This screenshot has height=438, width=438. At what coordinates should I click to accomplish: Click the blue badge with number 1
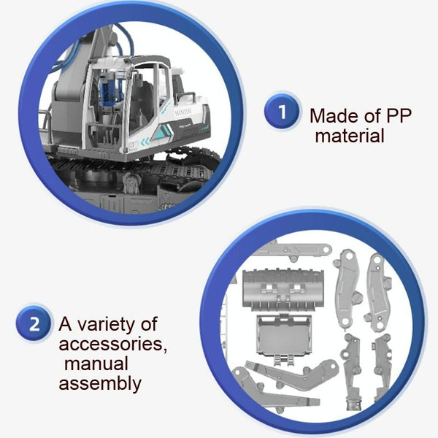282,112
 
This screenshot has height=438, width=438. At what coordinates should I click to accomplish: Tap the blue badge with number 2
34,323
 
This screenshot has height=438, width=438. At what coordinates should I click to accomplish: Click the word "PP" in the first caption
399,115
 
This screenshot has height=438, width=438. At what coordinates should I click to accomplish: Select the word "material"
350,136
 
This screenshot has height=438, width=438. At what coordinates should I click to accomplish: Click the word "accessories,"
113,344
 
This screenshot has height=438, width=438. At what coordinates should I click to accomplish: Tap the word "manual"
96,364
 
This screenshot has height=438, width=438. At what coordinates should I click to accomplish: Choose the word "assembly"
100,384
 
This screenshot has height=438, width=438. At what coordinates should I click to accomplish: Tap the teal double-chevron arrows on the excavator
145,142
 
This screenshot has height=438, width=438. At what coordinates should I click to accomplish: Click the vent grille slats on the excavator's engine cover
182,112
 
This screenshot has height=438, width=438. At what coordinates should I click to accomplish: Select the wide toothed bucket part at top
283,289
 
